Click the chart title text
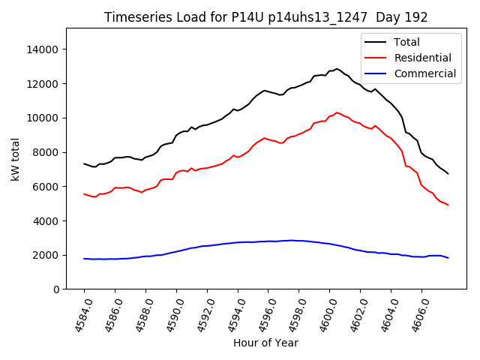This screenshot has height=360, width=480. (x=265, y=17)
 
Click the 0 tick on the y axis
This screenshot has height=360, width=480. (x=56, y=289)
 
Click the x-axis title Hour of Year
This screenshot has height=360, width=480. (x=265, y=343)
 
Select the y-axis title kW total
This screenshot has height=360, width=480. (x=15, y=158)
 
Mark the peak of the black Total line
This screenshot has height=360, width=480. (x=336, y=69)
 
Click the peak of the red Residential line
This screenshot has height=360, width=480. (x=337, y=112)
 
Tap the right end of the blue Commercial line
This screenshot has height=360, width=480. (x=448, y=258)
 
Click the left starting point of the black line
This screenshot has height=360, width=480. (x=84, y=163)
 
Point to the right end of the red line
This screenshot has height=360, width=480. (x=448, y=205)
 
